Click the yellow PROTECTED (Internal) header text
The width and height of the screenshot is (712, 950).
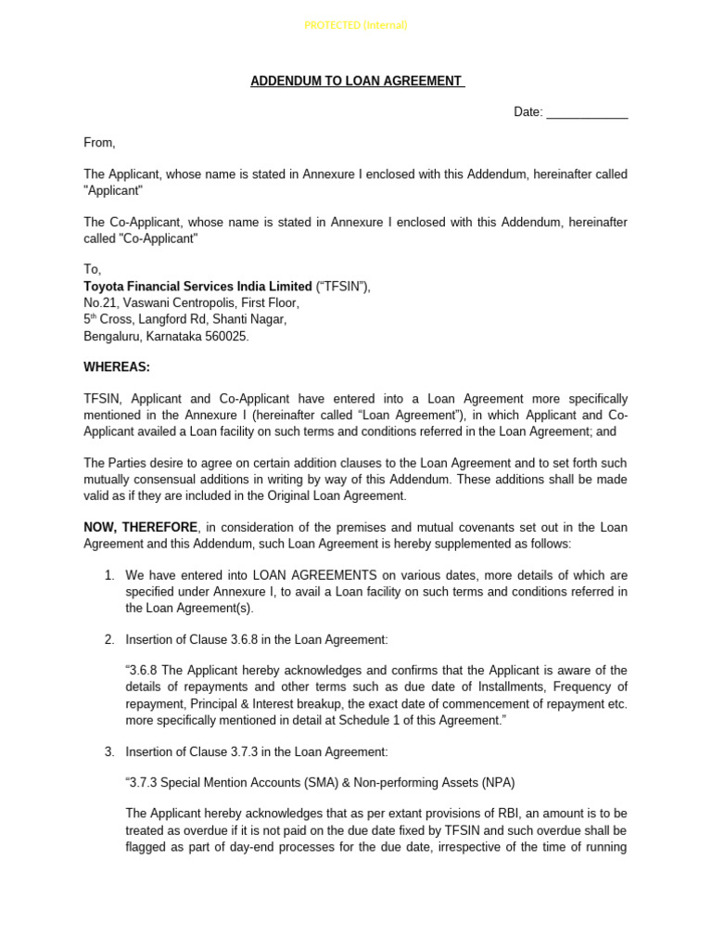(x=356, y=25)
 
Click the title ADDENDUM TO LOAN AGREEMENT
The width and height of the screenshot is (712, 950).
(x=356, y=82)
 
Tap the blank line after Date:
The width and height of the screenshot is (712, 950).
(x=587, y=113)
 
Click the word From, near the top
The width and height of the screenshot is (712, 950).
(x=100, y=143)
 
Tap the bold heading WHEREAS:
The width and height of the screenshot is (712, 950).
(x=117, y=367)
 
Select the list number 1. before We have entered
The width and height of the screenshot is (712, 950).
(x=109, y=575)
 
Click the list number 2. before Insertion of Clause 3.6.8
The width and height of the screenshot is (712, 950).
(x=109, y=639)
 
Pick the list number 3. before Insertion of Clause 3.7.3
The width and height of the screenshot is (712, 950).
(x=109, y=751)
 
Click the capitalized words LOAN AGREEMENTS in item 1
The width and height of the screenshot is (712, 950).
(x=315, y=575)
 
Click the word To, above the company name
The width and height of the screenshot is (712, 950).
(x=93, y=270)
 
